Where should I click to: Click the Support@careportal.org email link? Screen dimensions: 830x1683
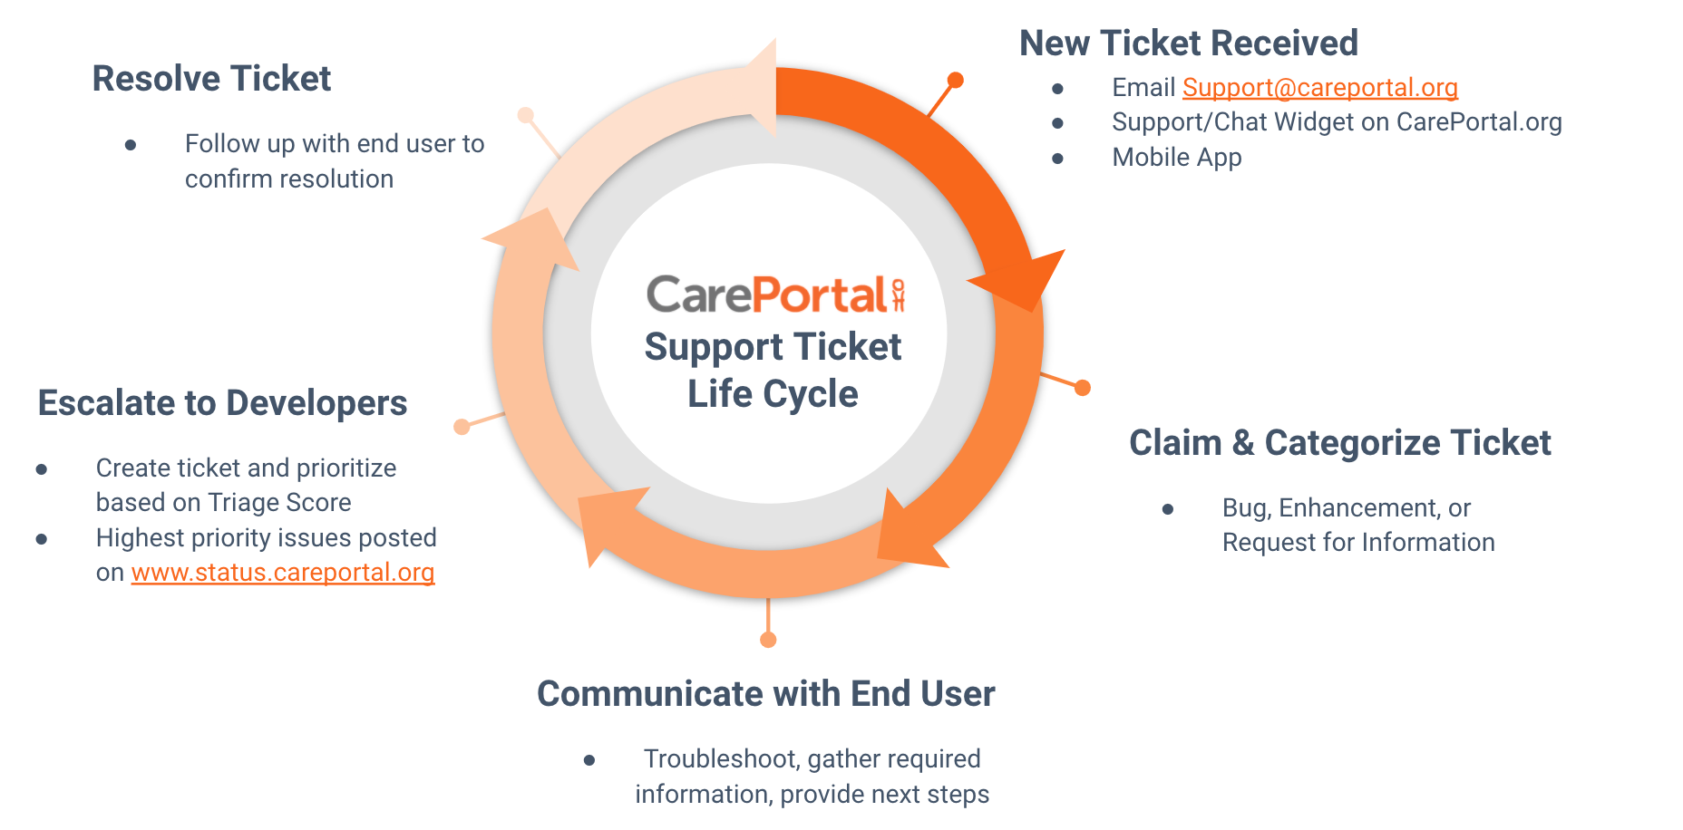1319,88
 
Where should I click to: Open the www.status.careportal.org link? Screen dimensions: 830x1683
283,573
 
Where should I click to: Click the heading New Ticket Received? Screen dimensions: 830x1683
1188,43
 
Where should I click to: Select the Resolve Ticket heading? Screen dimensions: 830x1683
211,79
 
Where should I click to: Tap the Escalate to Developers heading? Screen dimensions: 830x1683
222,403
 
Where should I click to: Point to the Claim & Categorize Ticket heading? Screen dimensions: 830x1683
1339,443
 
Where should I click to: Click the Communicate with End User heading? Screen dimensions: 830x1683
765,694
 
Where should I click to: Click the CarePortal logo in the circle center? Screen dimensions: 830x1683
774,295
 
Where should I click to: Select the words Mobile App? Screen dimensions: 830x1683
1176,158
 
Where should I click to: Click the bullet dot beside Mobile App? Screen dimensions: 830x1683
1057,159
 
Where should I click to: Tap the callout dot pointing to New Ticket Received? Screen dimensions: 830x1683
955,81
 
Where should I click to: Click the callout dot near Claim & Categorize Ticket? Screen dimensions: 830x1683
1082,388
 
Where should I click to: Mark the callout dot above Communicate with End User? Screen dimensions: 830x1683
768,640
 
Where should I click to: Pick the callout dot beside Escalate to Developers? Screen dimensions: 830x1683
462,426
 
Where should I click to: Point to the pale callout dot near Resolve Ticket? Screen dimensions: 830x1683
525,115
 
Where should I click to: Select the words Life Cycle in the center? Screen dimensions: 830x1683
773,394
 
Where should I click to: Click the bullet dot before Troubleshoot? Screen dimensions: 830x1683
589,760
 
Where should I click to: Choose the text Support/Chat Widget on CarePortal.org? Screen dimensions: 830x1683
1337,122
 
